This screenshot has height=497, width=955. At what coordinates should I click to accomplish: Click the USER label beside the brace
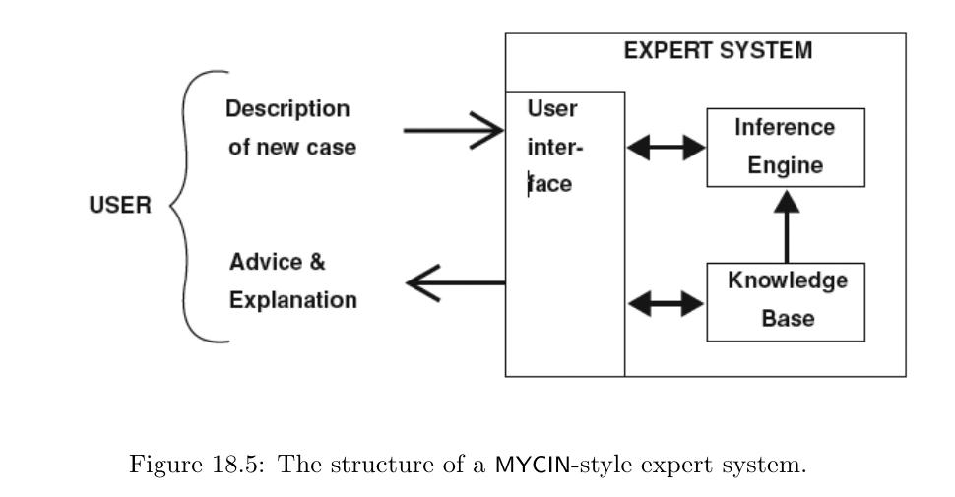click(x=120, y=207)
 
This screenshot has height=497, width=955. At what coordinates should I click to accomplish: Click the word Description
click(x=287, y=108)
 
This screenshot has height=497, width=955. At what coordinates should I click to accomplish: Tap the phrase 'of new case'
click(x=292, y=148)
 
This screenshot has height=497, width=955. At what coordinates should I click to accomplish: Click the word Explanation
click(x=293, y=300)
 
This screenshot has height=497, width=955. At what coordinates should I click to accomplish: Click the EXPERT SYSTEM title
click(x=718, y=51)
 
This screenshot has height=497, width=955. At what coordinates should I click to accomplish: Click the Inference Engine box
click(x=786, y=147)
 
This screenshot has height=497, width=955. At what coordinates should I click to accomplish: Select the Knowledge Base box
click(x=786, y=301)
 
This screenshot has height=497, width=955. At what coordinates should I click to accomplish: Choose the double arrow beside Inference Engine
click(x=667, y=149)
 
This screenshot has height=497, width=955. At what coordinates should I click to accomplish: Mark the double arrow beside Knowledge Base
click(x=667, y=304)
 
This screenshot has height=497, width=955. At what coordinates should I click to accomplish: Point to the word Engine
click(x=785, y=165)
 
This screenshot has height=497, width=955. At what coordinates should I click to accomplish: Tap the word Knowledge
click(x=787, y=281)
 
